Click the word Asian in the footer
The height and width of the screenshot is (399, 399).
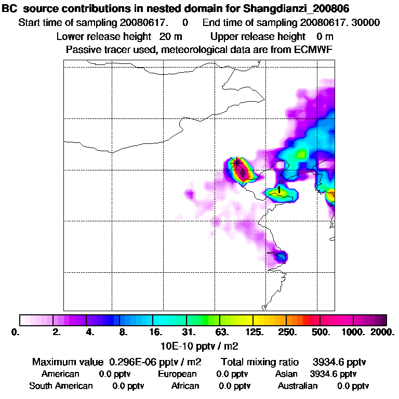tap(286, 374)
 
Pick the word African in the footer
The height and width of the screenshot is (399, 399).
tap(185, 386)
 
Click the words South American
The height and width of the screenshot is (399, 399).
tap(61, 386)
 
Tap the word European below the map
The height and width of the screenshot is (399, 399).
tap(177, 374)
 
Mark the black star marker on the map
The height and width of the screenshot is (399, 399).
tap(237, 163)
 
